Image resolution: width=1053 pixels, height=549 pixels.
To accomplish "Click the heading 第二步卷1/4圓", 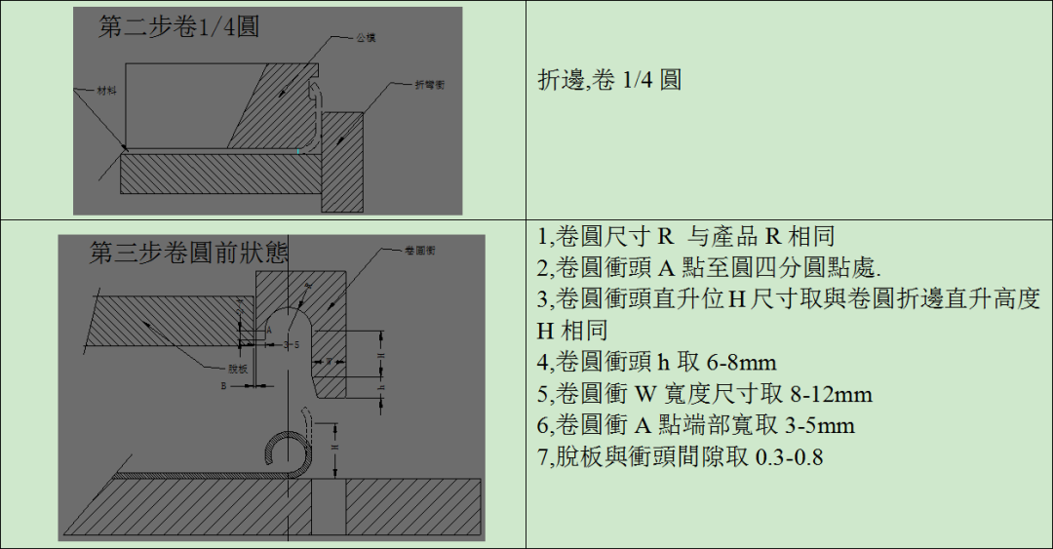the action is point(179,27).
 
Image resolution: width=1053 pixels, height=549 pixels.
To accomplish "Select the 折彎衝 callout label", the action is point(429,86).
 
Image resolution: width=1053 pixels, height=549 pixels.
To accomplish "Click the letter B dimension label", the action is point(223,386).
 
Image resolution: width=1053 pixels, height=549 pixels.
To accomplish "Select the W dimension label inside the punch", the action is point(331,362).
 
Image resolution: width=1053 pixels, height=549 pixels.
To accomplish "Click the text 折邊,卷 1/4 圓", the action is point(609,80).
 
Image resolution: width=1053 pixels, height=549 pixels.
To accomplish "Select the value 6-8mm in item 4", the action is point(740,364).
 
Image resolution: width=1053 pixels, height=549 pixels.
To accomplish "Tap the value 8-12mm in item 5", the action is point(830,395).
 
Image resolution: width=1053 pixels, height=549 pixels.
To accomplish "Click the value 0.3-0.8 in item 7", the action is point(790,456).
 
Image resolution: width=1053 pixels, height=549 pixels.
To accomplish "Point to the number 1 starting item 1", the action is point(543,237).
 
